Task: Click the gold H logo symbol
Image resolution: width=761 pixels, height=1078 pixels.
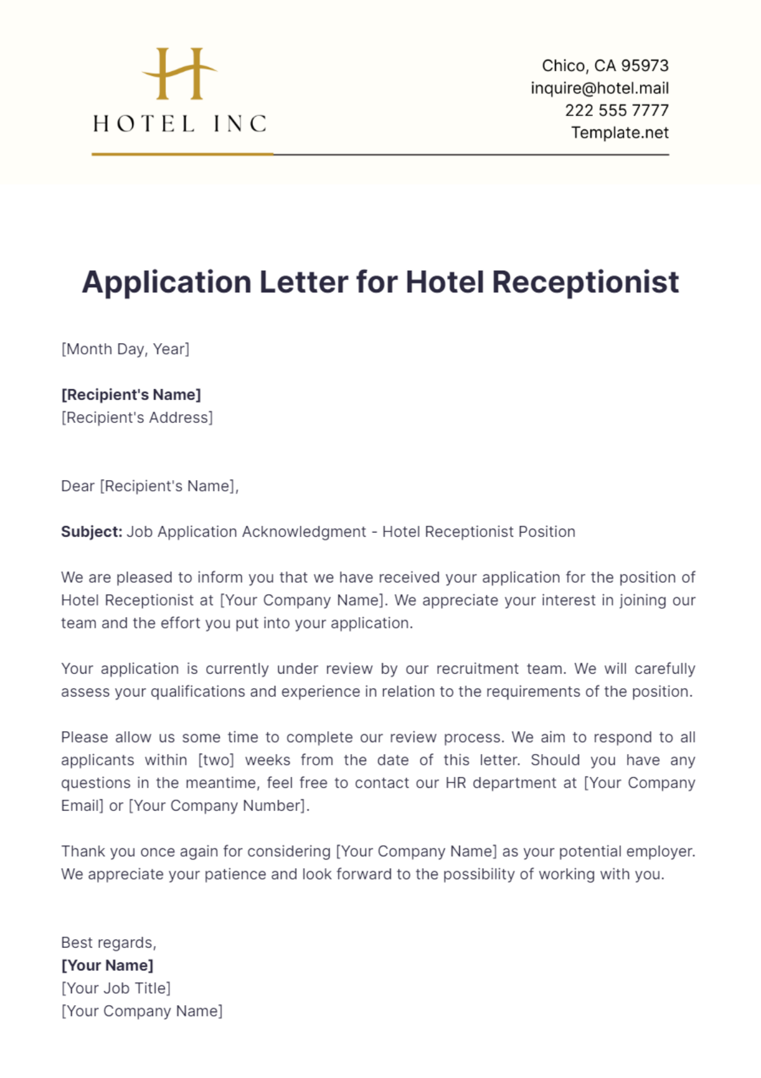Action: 179,74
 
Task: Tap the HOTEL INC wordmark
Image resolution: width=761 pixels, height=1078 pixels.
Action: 180,124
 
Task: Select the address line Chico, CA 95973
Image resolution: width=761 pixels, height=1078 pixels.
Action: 605,66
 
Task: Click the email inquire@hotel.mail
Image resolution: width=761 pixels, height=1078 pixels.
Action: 599,88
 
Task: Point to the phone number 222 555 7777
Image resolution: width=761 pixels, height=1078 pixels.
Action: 616,110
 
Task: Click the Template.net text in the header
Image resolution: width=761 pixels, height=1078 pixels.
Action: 620,133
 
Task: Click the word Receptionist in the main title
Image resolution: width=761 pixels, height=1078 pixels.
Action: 585,282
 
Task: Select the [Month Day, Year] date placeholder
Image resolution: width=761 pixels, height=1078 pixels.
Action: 125,349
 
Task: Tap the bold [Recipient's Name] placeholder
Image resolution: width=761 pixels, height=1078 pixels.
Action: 131,395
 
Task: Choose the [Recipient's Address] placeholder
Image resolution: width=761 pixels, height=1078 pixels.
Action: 137,418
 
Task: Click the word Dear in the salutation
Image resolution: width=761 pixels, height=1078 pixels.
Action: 77,486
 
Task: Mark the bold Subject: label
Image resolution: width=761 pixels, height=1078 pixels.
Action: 91,532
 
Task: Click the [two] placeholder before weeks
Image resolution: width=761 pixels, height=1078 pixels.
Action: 216,760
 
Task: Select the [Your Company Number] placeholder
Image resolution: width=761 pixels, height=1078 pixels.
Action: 218,806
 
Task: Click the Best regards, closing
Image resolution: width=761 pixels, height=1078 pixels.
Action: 108,943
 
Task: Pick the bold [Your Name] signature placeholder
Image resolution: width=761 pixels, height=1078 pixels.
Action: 107,966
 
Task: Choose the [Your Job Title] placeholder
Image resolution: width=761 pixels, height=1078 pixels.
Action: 116,989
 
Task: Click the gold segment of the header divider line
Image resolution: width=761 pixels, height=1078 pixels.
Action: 182,154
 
